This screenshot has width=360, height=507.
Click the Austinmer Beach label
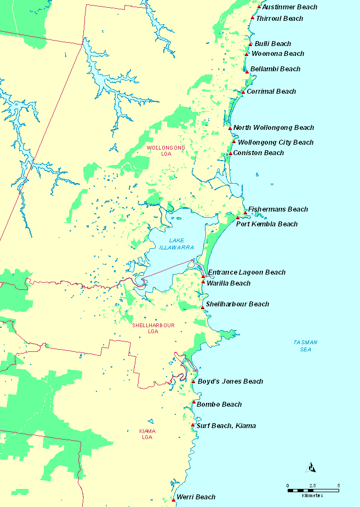289,7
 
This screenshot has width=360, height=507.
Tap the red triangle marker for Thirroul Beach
252,18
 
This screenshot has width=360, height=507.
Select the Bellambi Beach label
275,69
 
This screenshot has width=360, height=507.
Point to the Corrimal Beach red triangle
243,92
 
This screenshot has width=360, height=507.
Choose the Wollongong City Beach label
276,143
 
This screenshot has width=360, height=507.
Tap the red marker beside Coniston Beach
231,153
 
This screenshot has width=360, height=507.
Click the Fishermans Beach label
278,209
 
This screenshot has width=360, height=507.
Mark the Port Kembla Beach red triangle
238,218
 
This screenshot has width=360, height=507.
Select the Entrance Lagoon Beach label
247,272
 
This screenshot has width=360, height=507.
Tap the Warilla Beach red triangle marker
203,282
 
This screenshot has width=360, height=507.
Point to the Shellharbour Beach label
237,304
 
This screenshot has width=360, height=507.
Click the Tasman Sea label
305,345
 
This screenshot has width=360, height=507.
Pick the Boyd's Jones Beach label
230,381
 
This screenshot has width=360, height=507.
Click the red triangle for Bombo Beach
193,402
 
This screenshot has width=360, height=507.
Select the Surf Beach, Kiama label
226,426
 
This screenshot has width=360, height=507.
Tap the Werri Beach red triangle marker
173,499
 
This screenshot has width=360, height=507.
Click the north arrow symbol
311,468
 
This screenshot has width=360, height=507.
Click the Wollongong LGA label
165,151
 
